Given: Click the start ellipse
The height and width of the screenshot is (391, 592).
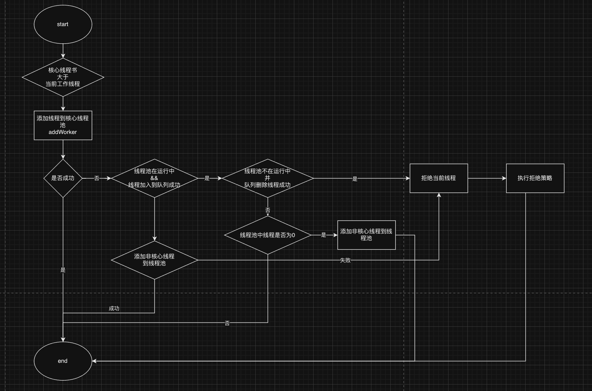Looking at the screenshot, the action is point(63,24).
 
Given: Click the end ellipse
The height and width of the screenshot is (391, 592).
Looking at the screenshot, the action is point(63,361).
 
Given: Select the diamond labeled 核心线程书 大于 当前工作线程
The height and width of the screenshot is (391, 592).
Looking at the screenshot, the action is point(63,77).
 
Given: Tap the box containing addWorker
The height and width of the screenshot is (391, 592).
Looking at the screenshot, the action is point(63,125).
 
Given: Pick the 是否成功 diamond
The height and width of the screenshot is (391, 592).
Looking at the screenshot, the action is point(63,178).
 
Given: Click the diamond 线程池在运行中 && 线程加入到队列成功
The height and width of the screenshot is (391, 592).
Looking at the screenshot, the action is point(155,178).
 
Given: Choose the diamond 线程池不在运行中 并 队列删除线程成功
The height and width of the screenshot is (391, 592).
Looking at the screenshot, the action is point(268,178).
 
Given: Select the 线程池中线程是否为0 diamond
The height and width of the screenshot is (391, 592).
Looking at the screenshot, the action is point(268,235).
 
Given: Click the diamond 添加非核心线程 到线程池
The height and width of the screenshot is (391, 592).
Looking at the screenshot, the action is point(155,260).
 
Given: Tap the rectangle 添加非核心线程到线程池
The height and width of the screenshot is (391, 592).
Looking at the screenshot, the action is point(367,235).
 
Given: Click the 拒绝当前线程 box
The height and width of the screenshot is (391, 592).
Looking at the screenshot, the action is point(439,178).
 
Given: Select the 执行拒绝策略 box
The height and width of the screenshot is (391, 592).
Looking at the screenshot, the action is point(535,178).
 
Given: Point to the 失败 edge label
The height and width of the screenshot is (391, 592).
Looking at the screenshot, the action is point(345,260).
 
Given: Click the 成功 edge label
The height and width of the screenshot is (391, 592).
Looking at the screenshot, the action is point(114,309).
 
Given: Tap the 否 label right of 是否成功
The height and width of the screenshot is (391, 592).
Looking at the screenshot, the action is point(97,178).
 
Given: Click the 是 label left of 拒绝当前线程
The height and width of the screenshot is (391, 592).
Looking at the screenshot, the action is point(355,179).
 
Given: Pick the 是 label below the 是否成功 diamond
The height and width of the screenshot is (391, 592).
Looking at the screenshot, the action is point(63,270).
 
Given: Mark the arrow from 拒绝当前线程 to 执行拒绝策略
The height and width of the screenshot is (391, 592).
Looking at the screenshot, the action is point(487,178).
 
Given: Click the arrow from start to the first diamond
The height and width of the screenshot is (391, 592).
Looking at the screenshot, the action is point(63,51).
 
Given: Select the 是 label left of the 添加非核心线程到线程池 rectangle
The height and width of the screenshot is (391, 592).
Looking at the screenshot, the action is point(324,235).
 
